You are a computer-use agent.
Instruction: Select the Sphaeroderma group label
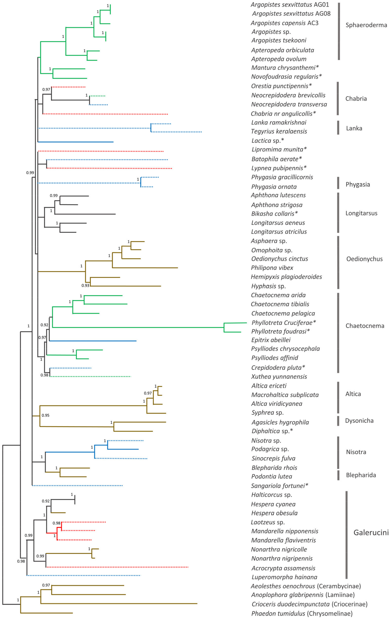coord(366,25)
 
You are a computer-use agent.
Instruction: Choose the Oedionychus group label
coord(364,259)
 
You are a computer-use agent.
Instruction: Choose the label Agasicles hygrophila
coord(280,422)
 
